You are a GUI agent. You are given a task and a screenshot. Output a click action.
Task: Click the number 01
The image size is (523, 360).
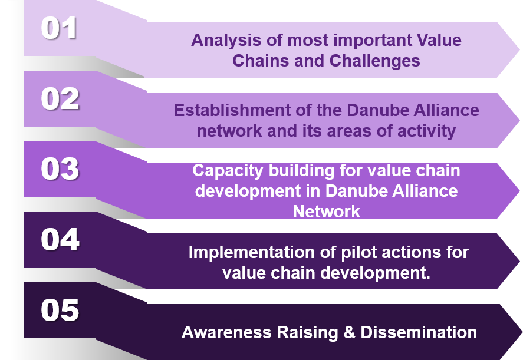point(59,28)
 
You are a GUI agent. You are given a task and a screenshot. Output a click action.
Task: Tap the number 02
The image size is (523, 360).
point(60,98)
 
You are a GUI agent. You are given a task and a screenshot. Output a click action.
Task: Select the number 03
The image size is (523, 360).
point(60,169)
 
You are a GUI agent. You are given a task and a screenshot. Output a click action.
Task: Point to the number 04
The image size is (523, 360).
point(60,239)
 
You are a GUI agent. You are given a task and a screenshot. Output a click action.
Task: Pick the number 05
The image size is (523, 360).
point(60,310)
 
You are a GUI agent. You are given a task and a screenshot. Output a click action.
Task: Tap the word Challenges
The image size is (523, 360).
point(374,61)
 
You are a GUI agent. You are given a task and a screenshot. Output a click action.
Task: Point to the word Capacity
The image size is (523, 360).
point(228,171)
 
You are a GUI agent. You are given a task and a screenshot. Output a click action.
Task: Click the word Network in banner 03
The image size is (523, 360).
point(326,212)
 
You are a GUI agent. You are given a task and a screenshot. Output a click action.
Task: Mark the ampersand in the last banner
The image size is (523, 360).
point(349,332)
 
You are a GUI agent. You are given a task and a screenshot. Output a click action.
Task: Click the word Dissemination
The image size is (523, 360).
point(419,332)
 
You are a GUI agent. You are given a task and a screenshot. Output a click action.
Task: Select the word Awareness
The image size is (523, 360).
point(227,332)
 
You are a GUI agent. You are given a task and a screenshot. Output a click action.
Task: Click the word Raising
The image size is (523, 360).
point(307,333)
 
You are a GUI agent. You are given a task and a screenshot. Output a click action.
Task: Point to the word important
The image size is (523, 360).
point(373,41)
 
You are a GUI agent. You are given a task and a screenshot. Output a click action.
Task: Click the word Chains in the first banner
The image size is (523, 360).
point(261,61)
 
